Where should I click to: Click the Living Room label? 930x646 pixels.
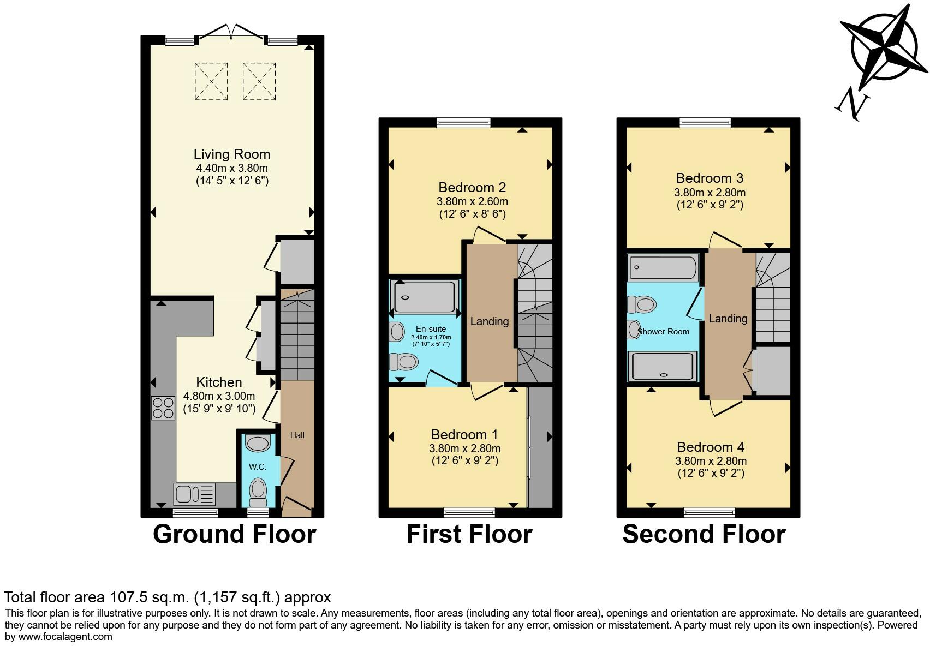[231, 154]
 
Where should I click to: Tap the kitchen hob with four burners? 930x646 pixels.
[163, 408]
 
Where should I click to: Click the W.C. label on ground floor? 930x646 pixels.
[257, 467]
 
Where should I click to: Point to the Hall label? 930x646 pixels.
[297, 435]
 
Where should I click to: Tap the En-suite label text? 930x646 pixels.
[431, 329]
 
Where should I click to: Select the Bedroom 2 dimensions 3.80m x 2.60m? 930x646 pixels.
[472, 201]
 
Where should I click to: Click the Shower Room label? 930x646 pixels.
[663, 332]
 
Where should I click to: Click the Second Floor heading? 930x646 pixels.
[704, 534]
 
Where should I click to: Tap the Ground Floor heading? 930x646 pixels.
[234, 534]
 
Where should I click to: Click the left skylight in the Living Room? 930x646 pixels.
[211, 81]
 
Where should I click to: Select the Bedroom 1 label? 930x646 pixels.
[464, 435]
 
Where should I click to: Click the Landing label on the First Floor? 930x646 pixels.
[489, 321]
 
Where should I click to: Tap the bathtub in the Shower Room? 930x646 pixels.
[663, 268]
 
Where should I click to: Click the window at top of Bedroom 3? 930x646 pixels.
[705, 123]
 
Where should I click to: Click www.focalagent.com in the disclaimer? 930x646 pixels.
[65, 636]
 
